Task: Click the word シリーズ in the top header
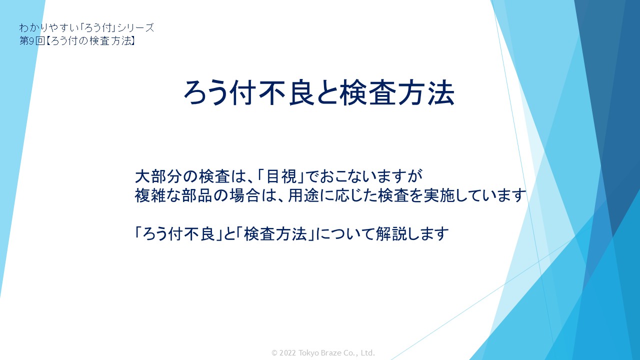coord(135,27)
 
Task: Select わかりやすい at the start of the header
coord(49,27)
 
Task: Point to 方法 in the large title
coord(426,92)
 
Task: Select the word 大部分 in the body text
coord(158,176)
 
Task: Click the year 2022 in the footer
coord(287,353)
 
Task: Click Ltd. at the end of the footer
coord(367,353)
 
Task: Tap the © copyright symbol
coord(274,353)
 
